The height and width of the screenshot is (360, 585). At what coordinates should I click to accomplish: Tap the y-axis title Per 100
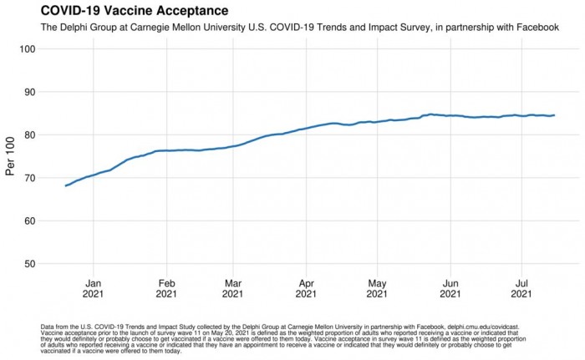tap(11, 155)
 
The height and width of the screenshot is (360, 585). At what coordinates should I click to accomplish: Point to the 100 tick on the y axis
tap(27, 49)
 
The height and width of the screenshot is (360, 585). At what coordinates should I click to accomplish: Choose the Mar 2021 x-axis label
tap(234, 288)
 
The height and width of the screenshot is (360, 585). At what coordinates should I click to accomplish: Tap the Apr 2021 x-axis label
tap(307, 288)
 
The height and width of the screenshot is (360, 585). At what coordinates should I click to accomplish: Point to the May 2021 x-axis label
tap(378, 288)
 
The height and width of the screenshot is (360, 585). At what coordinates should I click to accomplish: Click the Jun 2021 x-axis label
tap(450, 288)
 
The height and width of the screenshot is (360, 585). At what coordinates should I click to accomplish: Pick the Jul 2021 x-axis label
tap(522, 288)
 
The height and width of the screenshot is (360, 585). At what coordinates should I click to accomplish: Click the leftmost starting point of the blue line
tap(65, 185)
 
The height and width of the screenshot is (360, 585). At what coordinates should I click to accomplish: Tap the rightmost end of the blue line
tap(554, 115)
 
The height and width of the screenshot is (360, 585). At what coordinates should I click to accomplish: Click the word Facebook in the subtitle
tap(534, 28)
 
